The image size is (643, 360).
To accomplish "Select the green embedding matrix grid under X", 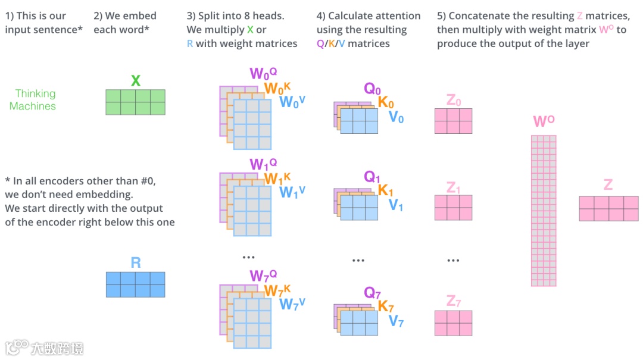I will click(x=135, y=102).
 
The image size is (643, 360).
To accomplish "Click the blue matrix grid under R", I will click(x=135, y=284).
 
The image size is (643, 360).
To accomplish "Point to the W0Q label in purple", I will click(x=263, y=74).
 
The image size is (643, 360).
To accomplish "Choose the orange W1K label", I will click(x=277, y=179).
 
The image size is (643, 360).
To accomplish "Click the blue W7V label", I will click(x=292, y=304).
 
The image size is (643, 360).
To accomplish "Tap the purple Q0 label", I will click(x=372, y=89).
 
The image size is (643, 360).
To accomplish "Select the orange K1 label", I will click(x=386, y=191).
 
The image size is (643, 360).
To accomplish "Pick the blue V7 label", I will click(x=396, y=322).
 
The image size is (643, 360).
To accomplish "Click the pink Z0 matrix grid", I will click(x=453, y=121).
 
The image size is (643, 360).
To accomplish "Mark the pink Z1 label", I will click(x=453, y=188).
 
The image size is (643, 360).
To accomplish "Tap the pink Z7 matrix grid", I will click(x=453, y=323).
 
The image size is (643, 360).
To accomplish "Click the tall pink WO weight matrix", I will click(x=543, y=211).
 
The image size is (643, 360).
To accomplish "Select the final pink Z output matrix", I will click(x=608, y=208).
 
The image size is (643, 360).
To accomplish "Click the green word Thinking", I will click(x=35, y=93).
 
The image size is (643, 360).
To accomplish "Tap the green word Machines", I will click(x=33, y=107).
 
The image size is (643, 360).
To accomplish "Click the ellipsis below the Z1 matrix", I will click(x=453, y=260).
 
